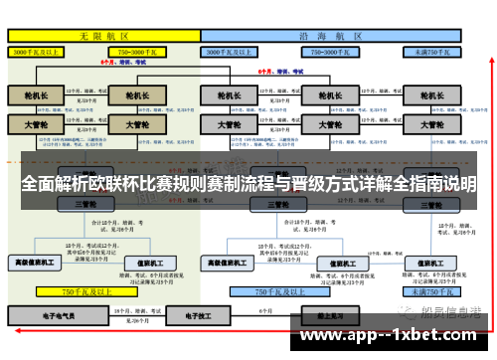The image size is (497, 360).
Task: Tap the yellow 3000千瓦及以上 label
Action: tap(41, 49)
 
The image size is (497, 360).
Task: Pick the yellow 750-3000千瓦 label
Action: tap(138, 49)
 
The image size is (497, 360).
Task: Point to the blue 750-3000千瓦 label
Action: tap(333, 49)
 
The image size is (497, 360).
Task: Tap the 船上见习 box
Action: tap(328, 313)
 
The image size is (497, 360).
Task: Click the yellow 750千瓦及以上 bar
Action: tap(84, 292)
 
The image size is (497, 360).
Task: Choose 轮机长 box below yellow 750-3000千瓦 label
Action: tap(138, 95)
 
